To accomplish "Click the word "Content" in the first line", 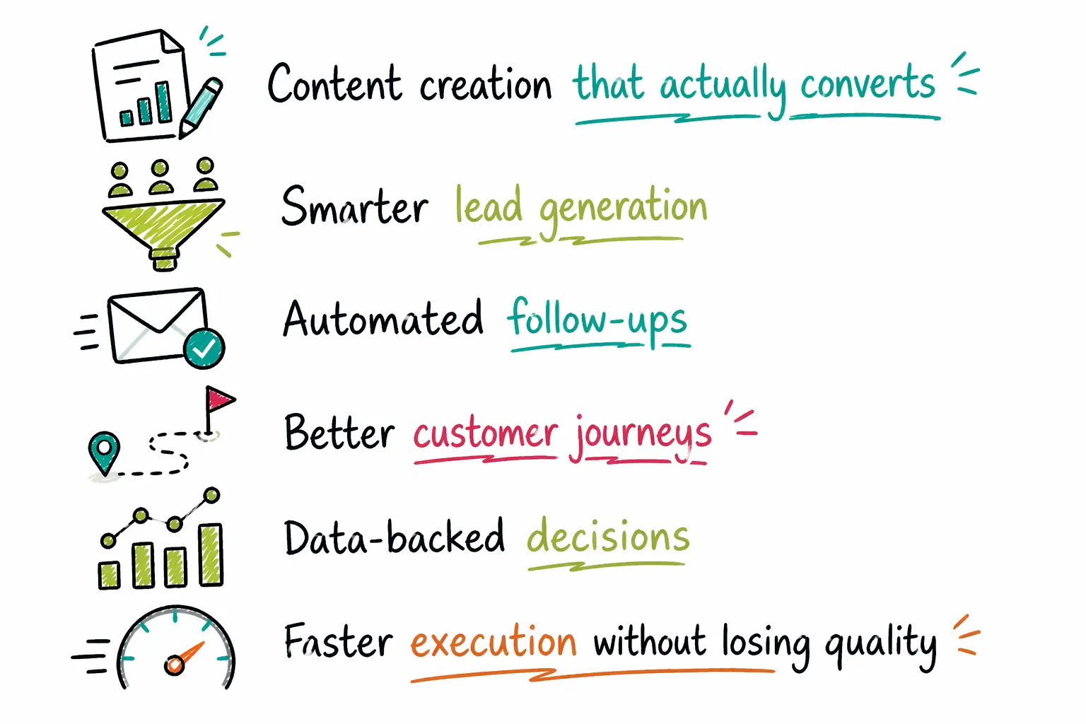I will [334, 83].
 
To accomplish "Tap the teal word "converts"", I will [867, 83].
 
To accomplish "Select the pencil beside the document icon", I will [200, 107].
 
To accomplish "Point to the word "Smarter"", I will [354, 206].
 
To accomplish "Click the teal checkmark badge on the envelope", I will [204, 348].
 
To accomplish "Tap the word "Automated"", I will [383, 320].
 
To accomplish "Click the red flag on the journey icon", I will [219, 400].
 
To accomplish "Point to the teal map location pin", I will [105, 451].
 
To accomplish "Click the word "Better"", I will [339, 433].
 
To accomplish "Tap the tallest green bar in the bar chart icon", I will [211, 554].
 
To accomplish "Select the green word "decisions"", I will [608, 537].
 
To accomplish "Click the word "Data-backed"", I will [395, 538].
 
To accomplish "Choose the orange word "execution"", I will [494, 643].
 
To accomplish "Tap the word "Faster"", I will [338, 643].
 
